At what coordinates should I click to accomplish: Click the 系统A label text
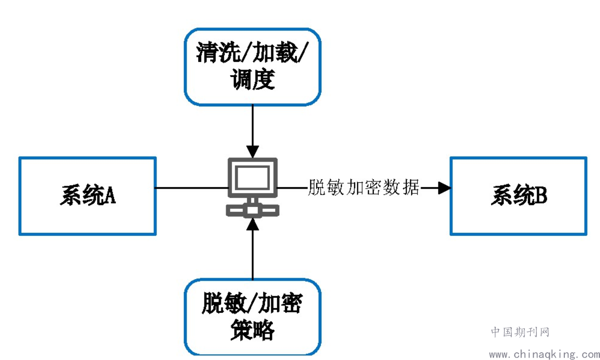(88, 195)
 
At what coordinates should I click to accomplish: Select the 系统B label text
(519, 195)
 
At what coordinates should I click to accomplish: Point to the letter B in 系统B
(540, 195)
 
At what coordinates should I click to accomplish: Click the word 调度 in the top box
(253, 79)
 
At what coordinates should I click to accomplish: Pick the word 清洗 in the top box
(218, 52)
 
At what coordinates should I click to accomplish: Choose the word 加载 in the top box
(275, 52)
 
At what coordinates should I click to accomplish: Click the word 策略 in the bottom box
(253, 330)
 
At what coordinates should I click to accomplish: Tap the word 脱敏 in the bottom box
(224, 303)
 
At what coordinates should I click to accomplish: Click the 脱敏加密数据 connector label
(363, 187)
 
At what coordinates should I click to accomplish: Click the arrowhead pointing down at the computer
(253, 152)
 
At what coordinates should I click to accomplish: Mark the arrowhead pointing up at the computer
(253, 224)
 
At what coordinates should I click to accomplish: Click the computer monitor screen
(253, 178)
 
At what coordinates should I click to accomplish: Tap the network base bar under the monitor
(253, 210)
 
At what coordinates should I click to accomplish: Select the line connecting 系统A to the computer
(191, 188)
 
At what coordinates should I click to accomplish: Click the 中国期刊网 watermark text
(520, 332)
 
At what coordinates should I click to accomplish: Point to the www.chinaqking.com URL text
(544, 354)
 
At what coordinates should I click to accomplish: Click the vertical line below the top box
(253, 125)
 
